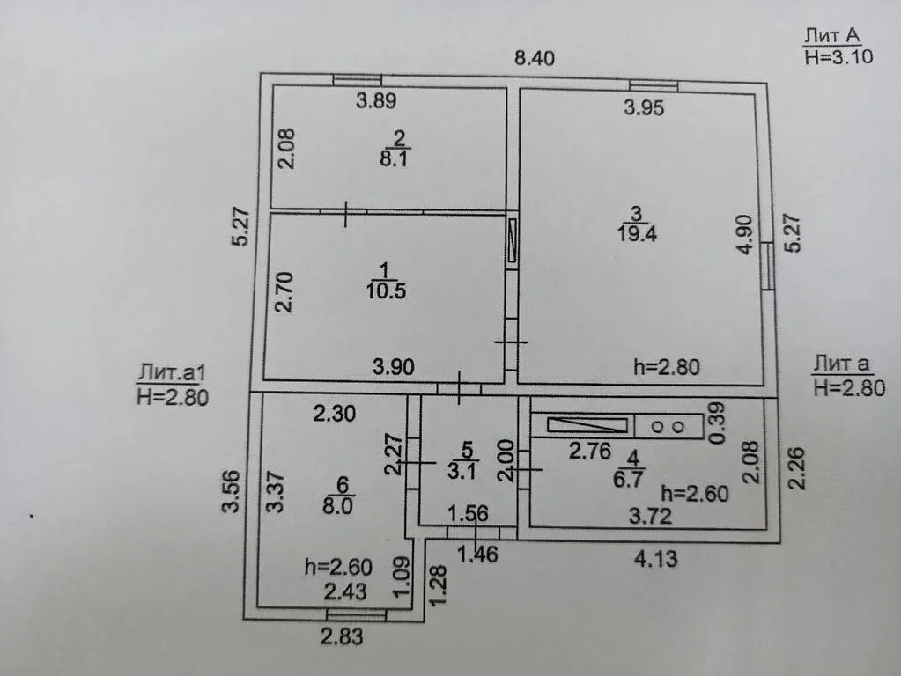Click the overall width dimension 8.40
tap(535, 58)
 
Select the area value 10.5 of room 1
tap(386, 290)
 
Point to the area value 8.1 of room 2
tap(395, 158)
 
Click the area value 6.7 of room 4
tap(628, 478)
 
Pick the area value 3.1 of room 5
tap(462, 471)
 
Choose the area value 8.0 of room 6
tap(338, 507)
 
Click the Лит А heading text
tap(832, 35)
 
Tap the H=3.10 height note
tap(839, 57)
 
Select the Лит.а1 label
tap(171, 374)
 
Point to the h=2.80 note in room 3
tap(667, 367)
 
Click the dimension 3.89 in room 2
tap(376, 101)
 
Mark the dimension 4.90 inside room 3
tap(744, 234)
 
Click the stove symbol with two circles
tap(668, 427)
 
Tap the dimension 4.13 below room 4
tap(655, 558)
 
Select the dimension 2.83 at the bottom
tap(342, 636)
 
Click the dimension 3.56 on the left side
tap(231, 491)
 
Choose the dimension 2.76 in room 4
tap(589, 451)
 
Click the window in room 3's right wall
tap(767, 265)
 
